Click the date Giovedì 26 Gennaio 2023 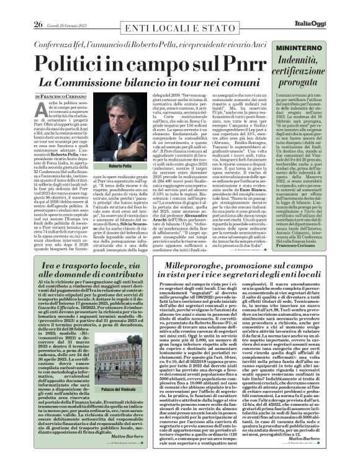coord(49,7)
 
